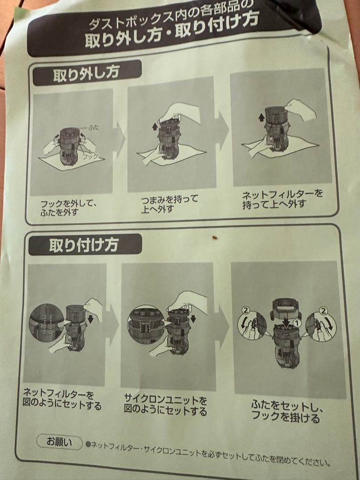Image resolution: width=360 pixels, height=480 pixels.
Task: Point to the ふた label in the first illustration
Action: coord(93,128)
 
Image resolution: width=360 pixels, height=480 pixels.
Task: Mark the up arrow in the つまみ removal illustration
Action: coord(155,127)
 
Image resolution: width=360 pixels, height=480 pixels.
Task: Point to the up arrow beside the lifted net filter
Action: coord(262,117)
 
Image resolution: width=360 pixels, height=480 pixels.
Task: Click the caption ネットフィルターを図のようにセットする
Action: coord(62,400)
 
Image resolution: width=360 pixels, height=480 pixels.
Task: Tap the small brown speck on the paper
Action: coord(215,238)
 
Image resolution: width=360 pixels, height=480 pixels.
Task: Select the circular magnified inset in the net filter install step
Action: coord(46,322)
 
